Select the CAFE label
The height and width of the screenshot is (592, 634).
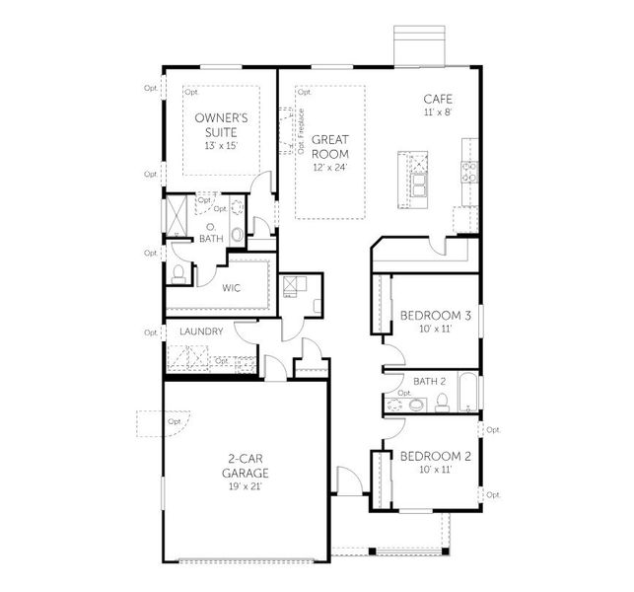tap(438, 99)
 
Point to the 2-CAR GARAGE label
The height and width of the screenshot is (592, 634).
tap(247, 466)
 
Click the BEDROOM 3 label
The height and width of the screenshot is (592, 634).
tap(435, 316)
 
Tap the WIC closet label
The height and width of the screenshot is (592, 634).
tap(232, 289)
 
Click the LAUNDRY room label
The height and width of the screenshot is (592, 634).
tap(201, 332)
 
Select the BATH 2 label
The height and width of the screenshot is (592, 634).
tap(430, 381)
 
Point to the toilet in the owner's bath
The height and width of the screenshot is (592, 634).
tap(178, 272)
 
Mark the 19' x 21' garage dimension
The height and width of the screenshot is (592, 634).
tap(247, 486)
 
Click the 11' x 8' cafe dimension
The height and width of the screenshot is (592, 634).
tap(438, 113)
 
